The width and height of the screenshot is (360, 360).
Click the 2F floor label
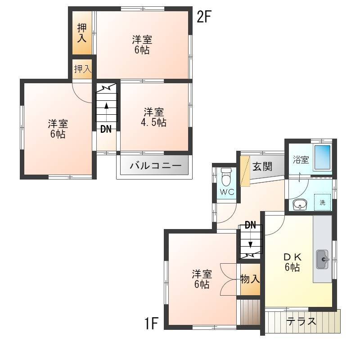point(204,17)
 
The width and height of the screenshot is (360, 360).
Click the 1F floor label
point(152,323)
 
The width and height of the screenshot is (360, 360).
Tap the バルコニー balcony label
point(156,165)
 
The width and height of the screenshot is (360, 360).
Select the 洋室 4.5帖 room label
point(153,117)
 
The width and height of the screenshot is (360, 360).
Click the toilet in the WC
point(226,177)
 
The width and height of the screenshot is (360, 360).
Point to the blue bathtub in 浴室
point(322,157)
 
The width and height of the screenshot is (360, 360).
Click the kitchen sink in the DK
point(322,259)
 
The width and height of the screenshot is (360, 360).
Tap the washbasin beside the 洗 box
point(300,204)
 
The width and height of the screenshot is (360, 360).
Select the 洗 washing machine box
point(323,202)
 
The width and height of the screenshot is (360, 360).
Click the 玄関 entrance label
point(262,166)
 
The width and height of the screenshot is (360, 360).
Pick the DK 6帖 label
point(292,262)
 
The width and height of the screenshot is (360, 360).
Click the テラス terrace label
point(301,321)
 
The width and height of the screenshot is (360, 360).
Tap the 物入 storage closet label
point(250,279)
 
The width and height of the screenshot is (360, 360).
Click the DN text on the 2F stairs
point(106,129)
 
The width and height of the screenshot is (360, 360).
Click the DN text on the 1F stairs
point(250,225)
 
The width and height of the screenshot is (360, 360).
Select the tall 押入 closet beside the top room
point(82,32)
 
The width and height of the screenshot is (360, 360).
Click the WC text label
point(227,192)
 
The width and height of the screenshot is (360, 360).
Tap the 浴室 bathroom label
point(301,160)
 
